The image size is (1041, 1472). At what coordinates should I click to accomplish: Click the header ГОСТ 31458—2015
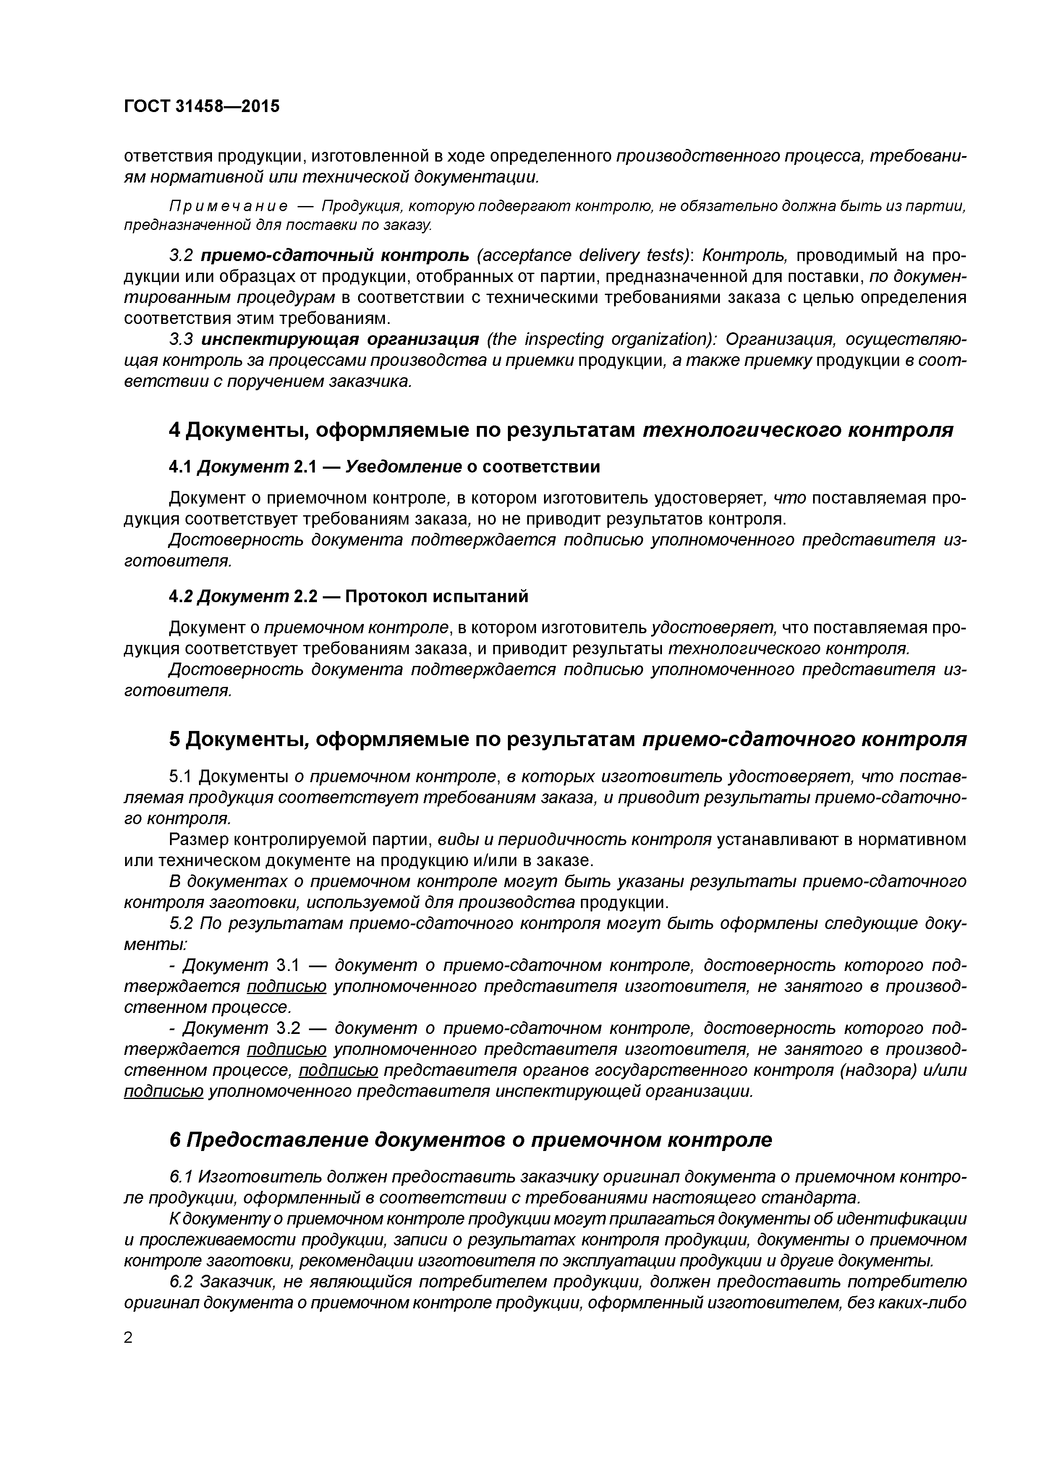201,106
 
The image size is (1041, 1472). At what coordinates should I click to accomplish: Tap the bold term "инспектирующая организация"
340,339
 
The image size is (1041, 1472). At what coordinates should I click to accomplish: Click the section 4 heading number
175,430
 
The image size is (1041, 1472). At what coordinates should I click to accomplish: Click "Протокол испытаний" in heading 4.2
436,596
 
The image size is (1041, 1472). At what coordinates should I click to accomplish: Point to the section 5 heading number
175,739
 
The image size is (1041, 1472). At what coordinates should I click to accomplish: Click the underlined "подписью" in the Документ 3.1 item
287,986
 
